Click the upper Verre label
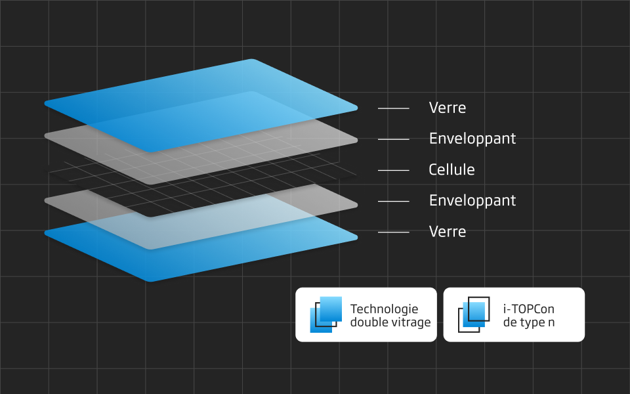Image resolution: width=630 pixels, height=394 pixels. pos(447,108)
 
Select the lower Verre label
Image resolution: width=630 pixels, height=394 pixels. pos(447,232)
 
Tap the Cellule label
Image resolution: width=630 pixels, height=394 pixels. pos(451,170)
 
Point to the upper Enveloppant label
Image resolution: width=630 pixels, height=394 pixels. pos(472,139)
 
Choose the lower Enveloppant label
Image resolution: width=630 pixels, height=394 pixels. pos(472,201)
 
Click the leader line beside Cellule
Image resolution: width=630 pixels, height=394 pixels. pos(394,170)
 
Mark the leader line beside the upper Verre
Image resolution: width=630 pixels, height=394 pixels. pos(394,108)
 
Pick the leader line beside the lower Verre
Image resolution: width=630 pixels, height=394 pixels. pos(394,232)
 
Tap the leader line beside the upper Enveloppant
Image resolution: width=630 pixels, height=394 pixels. pos(394,139)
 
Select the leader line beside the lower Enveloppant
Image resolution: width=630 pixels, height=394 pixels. pos(394,201)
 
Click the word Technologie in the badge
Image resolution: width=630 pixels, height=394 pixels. pos(384,309)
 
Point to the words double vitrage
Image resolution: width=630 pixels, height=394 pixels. pos(390,322)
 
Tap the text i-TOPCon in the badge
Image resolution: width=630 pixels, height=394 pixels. pos(528,309)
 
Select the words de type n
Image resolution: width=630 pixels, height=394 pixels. pos(528,322)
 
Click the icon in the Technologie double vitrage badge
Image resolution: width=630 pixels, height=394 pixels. pos(326,315)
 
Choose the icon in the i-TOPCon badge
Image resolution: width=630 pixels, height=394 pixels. pos(474,315)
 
